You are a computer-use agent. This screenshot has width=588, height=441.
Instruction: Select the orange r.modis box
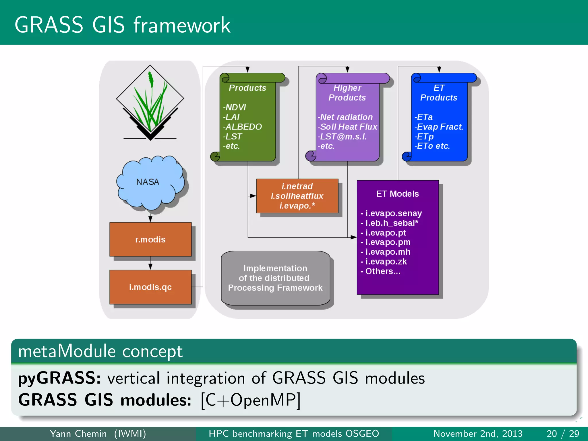click(x=150, y=239)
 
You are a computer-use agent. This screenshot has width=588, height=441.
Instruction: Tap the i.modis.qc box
click(x=150, y=287)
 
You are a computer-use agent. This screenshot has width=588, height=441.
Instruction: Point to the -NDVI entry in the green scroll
click(x=235, y=107)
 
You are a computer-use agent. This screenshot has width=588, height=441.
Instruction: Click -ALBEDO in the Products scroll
click(x=243, y=127)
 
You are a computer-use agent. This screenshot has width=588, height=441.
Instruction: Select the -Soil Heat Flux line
click(x=347, y=127)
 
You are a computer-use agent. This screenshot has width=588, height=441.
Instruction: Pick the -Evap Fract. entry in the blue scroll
click(x=439, y=127)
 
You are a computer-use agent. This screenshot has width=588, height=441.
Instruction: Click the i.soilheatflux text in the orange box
click(x=297, y=196)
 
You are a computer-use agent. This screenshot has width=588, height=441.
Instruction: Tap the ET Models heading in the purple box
click(x=397, y=194)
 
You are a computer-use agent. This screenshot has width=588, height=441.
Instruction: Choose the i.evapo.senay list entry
click(x=391, y=213)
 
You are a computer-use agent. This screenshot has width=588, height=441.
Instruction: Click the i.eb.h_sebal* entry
click(x=390, y=223)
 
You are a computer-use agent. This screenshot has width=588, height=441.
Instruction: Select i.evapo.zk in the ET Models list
click(x=384, y=262)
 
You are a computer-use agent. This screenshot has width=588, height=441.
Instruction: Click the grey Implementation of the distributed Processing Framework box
click(x=275, y=278)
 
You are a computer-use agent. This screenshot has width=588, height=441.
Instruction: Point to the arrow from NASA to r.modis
click(x=150, y=218)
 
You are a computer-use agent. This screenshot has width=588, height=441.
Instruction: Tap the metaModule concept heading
click(x=100, y=351)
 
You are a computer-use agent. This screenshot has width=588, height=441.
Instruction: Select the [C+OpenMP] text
click(x=251, y=400)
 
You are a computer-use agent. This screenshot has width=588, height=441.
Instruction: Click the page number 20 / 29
click(x=562, y=434)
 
